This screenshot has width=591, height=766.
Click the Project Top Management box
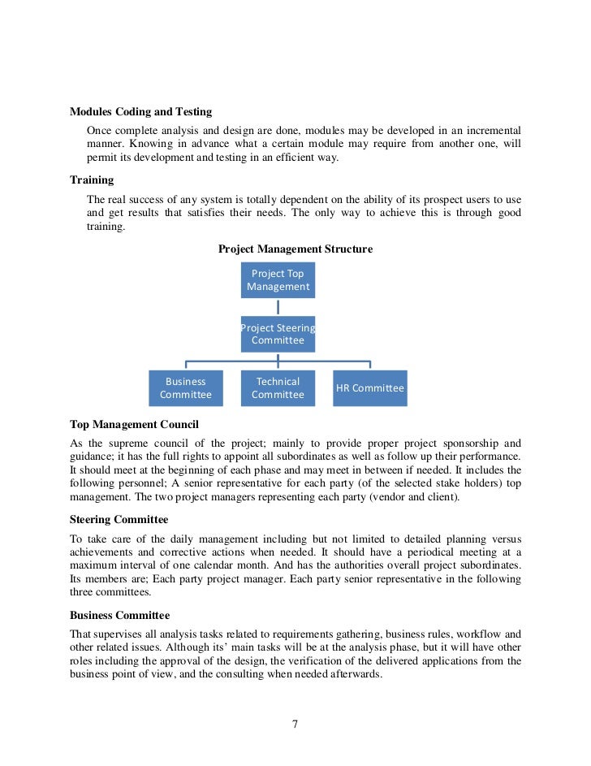pyautogui.click(x=278, y=280)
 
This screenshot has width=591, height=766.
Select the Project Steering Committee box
pyautogui.click(x=278, y=334)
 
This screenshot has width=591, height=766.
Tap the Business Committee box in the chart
pyautogui.click(x=185, y=388)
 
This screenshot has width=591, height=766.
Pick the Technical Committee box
pyautogui.click(x=278, y=388)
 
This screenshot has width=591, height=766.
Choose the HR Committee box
pyautogui.click(x=369, y=388)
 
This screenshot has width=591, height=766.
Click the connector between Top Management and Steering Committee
pyautogui.click(x=278, y=307)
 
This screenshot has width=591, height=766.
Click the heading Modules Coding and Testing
pyautogui.click(x=140, y=112)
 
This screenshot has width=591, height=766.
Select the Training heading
pyautogui.click(x=92, y=180)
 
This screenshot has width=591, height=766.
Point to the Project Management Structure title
pyautogui.click(x=295, y=249)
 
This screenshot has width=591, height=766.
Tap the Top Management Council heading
pyautogui.click(x=134, y=424)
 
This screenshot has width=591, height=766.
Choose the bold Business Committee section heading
pyautogui.click(x=119, y=615)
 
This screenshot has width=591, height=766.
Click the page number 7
pyautogui.click(x=295, y=725)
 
